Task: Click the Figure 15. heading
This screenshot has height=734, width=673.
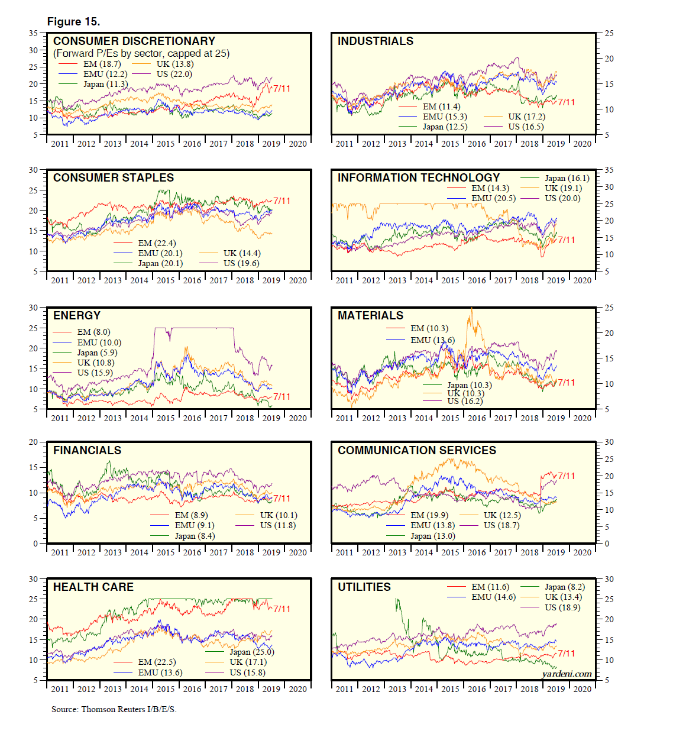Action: click(x=73, y=22)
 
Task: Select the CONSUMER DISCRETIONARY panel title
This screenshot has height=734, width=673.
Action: click(x=134, y=41)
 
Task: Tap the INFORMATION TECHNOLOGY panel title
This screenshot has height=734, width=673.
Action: click(x=418, y=178)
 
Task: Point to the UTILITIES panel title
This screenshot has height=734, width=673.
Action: click(x=364, y=587)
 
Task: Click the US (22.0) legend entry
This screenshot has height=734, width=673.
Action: click(x=174, y=75)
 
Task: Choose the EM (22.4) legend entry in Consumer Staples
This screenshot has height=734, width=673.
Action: click(x=157, y=244)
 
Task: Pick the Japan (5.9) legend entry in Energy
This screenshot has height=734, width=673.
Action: click(x=97, y=353)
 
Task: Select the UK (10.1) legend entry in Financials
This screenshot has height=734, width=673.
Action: click(x=279, y=516)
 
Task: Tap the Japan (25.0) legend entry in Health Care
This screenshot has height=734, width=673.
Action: click(x=251, y=652)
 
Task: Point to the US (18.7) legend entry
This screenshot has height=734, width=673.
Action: click(x=501, y=526)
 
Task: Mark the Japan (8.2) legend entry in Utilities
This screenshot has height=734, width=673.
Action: click(x=564, y=587)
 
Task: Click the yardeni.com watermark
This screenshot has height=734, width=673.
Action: click(x=566, y=674)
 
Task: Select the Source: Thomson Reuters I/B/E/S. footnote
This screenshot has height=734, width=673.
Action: click(x=114, y=709)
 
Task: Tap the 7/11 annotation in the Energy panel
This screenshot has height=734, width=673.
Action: click(x=282, y=397)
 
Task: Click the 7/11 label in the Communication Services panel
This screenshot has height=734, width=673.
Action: click(x=566, y=476)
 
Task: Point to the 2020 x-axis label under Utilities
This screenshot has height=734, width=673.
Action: click(x=582, y=689)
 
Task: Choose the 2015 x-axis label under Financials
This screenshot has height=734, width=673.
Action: click(x=166, y=552)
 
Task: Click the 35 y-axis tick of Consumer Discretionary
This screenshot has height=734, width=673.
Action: click(x=34, y=34)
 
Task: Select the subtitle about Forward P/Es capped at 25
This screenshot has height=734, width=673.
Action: click(x=141, y=54)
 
